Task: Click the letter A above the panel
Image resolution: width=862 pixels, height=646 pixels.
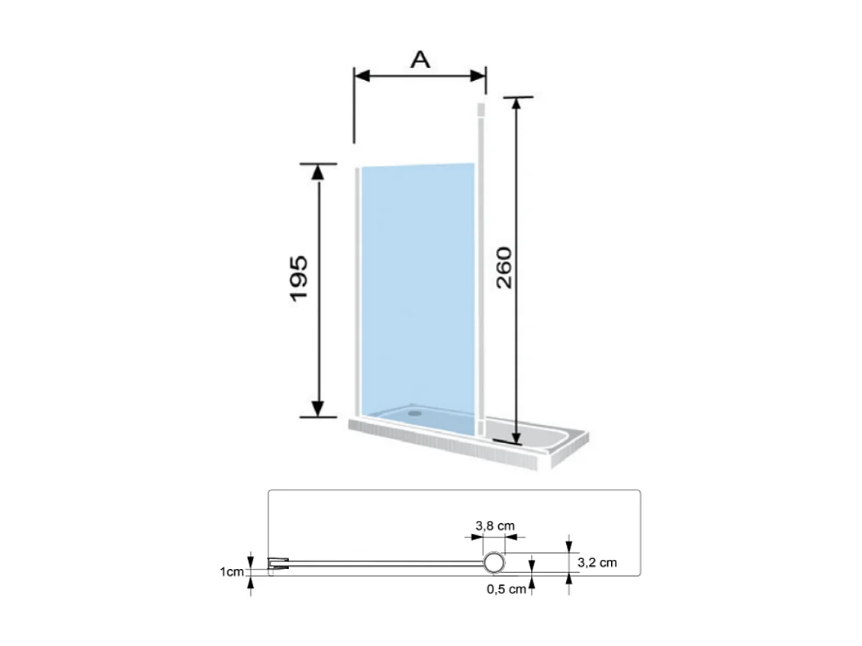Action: tap(420, 59)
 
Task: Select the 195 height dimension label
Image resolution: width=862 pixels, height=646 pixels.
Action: tap(298, 278)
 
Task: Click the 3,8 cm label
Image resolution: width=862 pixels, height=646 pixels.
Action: tap(495, 525)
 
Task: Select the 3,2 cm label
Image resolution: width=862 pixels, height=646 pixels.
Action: tap(597, 563)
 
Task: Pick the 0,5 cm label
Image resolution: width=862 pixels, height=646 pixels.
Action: tap(507, 588)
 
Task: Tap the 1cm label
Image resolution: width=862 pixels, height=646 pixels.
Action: tap(231, 570)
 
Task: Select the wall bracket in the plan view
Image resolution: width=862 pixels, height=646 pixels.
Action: tap(278, 565)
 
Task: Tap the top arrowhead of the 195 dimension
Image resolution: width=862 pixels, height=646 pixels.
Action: tap(319, 171)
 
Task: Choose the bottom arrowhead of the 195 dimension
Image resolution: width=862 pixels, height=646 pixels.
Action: tap(319, 410)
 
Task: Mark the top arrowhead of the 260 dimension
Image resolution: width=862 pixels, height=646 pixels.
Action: tap(516, 105)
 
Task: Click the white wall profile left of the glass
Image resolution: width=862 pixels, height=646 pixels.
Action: tap(357, 290)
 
